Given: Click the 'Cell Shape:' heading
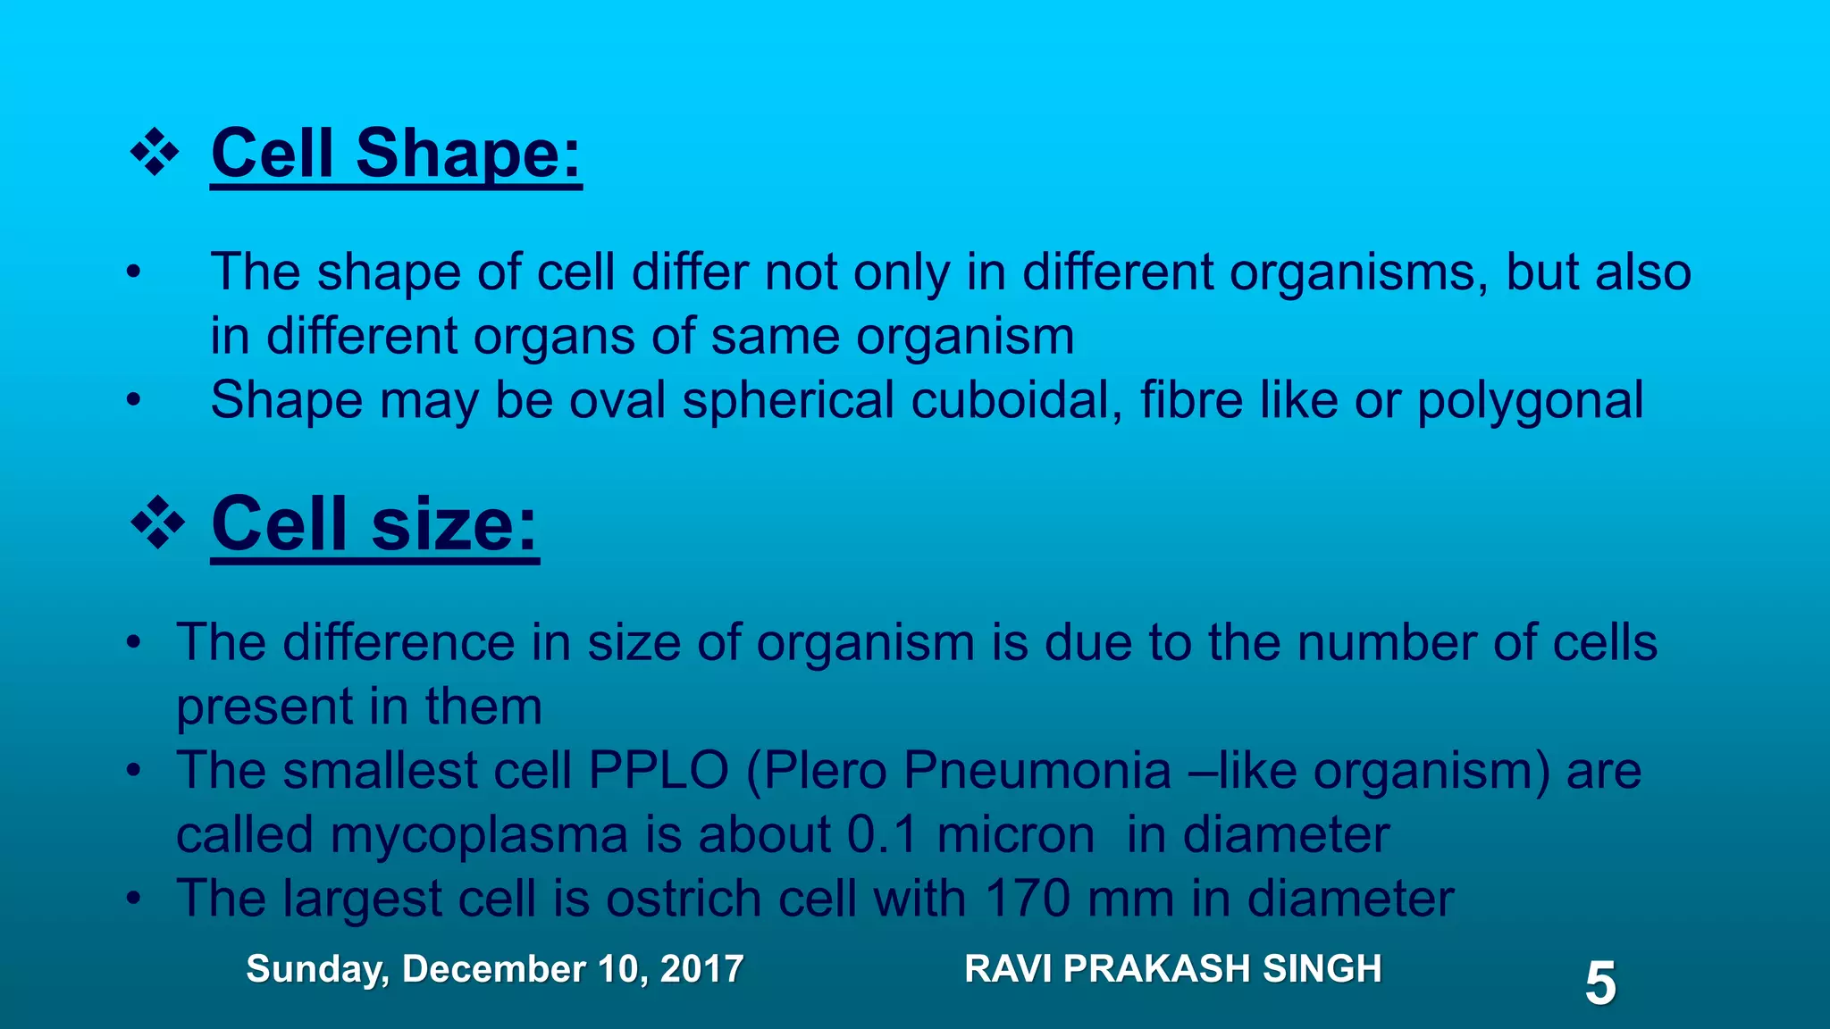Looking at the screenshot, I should (396, 154).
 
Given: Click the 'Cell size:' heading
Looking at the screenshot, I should (374, 524).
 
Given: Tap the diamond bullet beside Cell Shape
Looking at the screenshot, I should (155, 153).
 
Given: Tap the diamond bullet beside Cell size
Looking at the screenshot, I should (157, 524).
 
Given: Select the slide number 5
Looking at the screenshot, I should (1599, 983).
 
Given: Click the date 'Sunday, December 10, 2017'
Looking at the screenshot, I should (494, 969).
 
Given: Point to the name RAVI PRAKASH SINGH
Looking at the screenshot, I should (1173, 969).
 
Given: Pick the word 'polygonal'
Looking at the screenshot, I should (1530, 400).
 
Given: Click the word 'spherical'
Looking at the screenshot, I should (788, 400).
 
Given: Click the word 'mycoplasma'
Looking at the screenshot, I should (478, 835).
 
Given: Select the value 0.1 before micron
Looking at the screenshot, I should (882, 835).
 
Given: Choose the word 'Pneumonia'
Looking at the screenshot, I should (1037, 770).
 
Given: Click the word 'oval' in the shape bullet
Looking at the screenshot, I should (617, 400).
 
